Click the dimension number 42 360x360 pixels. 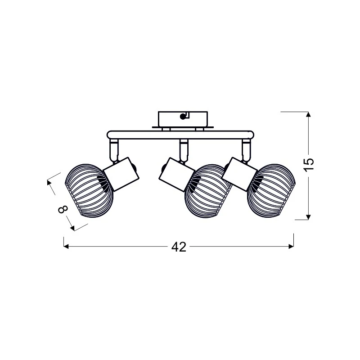click(x=179, y=247)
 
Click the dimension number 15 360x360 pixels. click(x=309, y=165)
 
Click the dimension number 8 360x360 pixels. click(x=63, y=209)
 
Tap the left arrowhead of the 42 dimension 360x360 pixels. click(x=66, y=246)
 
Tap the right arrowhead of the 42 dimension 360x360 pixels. click(x=291, y=246)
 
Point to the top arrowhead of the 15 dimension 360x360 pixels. click(x=308, y=114)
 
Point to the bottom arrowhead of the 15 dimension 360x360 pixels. click(x=308, y=217)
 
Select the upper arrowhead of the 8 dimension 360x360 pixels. click(x=49, y=182)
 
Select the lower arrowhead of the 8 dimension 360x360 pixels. click(x=72, y=228)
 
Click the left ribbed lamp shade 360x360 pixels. click(x=89, y=190)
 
